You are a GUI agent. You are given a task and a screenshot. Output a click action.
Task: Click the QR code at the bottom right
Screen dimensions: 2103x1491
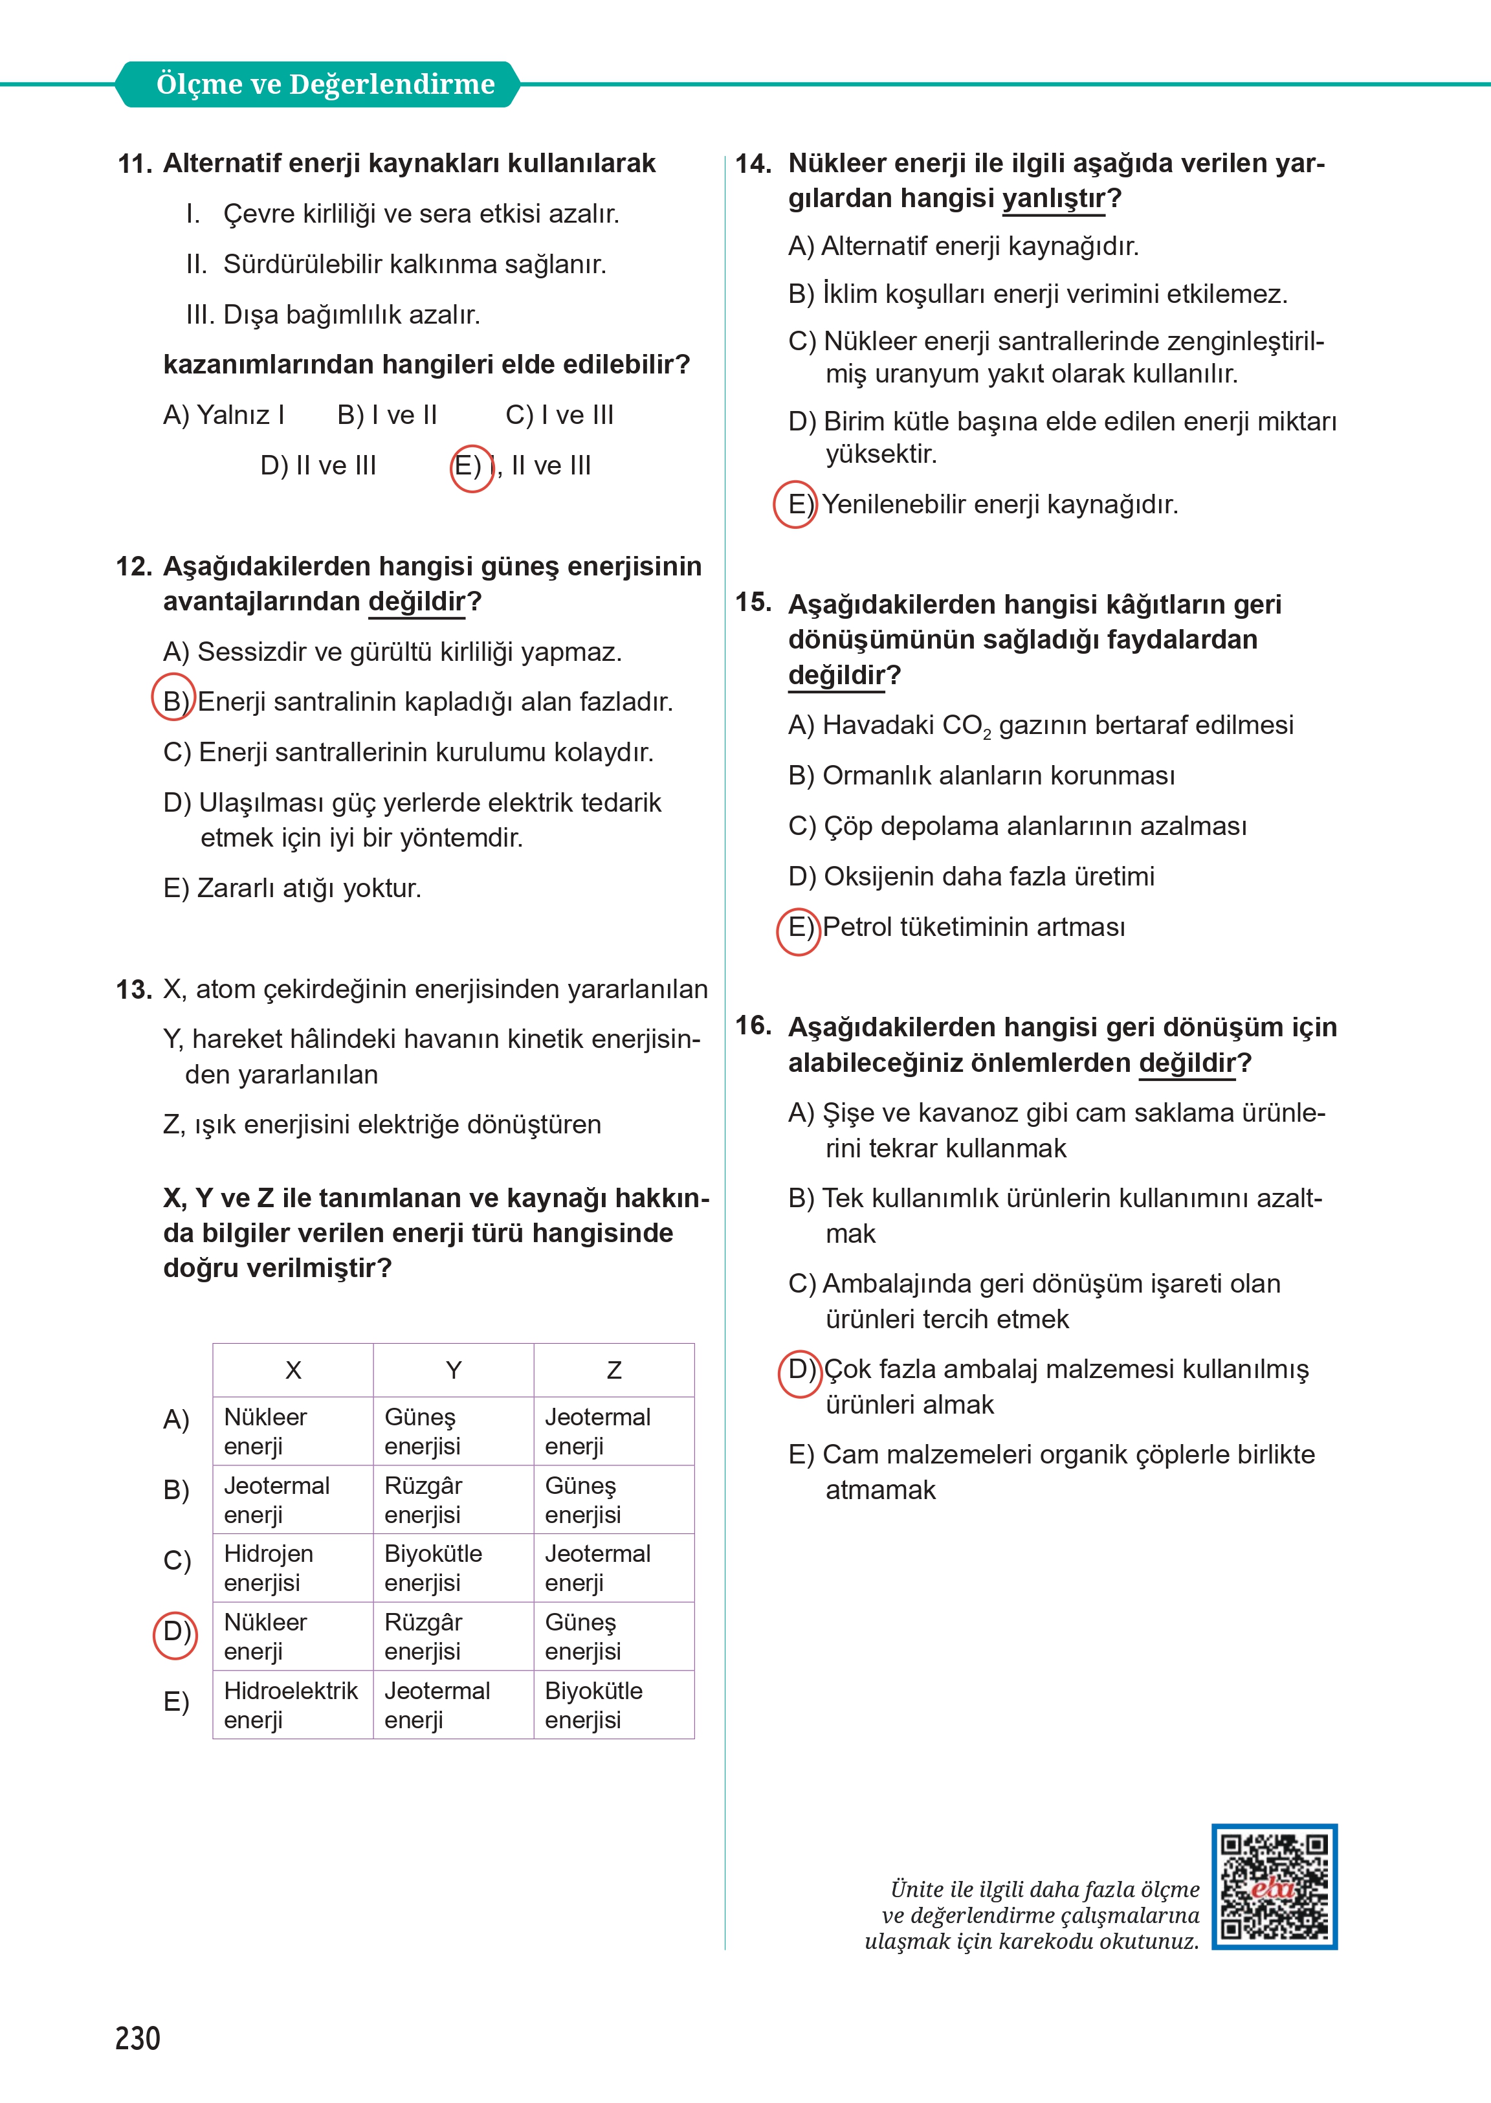click(x=1274, y=1886)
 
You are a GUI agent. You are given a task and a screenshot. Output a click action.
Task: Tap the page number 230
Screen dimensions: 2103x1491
click(x=138, y=2038)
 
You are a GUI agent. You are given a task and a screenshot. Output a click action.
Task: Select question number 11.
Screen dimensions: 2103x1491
click(x=134, y=164)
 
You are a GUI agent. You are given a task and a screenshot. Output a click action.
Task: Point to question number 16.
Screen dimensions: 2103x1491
click(x=753, y=1026)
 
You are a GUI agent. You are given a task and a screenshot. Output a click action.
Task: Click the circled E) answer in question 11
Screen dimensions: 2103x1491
click(x=471, y=467)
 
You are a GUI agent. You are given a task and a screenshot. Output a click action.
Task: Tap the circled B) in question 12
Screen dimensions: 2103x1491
click(x=173, y=701)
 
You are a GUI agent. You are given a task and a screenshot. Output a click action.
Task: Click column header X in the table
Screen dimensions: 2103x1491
click(x=293, y=1370)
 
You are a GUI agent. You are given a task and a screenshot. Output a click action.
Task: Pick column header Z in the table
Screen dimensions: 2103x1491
click(x=614, y=1370)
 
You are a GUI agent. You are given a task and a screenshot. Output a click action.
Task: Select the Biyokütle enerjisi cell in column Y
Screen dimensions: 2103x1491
click(x=432, y=1568)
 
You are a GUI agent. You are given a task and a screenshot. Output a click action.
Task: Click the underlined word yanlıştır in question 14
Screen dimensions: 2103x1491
click(x=1053, y=198)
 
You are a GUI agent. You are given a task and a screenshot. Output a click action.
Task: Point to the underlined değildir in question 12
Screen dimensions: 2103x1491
click(x=417, y=601)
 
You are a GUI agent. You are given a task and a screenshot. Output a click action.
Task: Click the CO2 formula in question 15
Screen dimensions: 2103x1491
click(x=967, y=726)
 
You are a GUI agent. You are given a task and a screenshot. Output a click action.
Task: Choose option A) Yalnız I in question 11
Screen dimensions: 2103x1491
click(x=224, y=415)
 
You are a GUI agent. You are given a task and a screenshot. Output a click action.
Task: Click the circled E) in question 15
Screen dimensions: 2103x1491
click(x=799, y=928)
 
